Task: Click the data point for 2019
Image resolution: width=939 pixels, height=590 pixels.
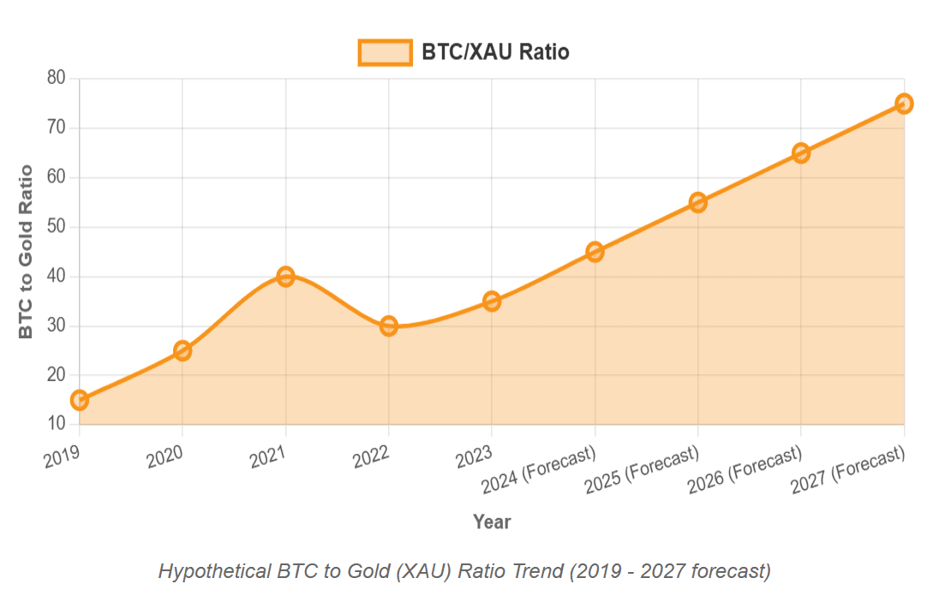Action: click(80, 400)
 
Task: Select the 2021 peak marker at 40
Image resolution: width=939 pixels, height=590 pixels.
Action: click(285, 277)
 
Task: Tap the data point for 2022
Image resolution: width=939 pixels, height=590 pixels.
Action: click(389, 325)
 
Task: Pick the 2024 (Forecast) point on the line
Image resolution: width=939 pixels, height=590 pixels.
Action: click(595, 252)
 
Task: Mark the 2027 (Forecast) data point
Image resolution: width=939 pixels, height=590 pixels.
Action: click(904, 104)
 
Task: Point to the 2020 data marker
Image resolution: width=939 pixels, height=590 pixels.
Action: click(182, 350)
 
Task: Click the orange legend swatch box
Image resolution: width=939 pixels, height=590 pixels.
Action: click(385, 52)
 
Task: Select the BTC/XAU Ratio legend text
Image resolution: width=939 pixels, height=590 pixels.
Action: click(495, 52)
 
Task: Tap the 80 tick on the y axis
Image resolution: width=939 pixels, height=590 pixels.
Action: click(57, 78)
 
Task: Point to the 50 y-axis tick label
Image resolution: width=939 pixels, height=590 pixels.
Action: click(57, 227)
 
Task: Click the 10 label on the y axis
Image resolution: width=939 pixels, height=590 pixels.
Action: click(57, 424)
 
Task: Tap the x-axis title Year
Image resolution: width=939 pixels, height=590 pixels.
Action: click(492, 521)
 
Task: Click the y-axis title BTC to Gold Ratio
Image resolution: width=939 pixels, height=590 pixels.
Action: click(27, 251)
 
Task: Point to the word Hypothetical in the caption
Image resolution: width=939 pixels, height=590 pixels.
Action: click(213, 570)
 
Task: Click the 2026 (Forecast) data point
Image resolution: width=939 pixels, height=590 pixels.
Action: click(801, 153)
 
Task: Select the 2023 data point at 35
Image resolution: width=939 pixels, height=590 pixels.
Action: click(492, 301)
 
